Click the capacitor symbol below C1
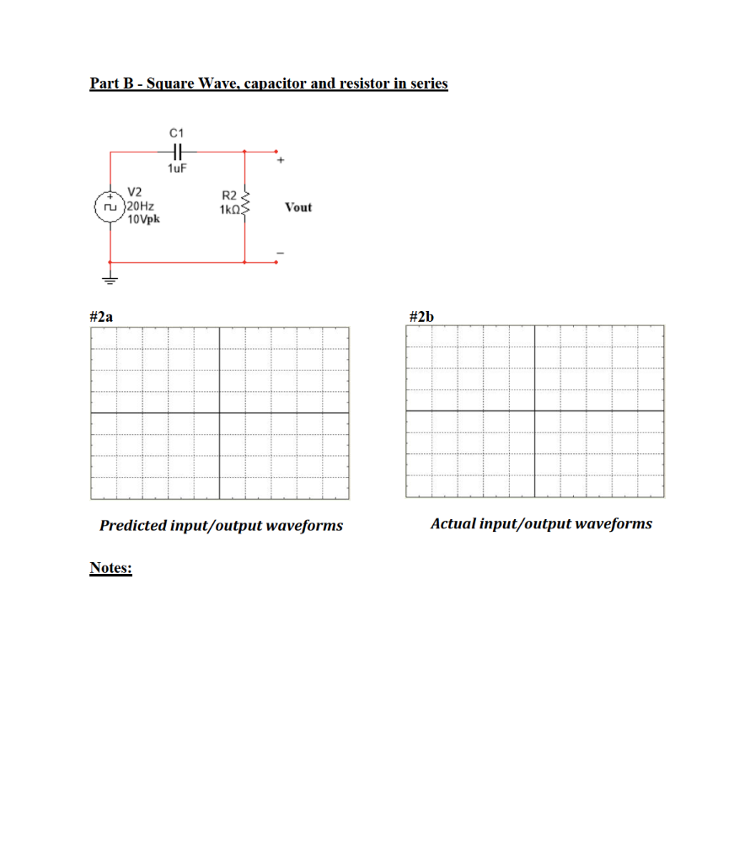pos(177,152)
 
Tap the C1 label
pos(177,132)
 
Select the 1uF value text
pos(177,169)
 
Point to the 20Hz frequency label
pos(140,206)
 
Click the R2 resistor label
pos(228,196)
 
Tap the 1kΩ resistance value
pos(228,208)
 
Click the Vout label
pos(298,207)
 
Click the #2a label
pos(101,316)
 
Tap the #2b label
pos(421,316)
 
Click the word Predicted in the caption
pos(133,526)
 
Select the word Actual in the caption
pos(452,523)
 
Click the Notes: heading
pos(110,568)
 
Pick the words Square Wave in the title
pos(176,83)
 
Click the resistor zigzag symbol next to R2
pos(245,202)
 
